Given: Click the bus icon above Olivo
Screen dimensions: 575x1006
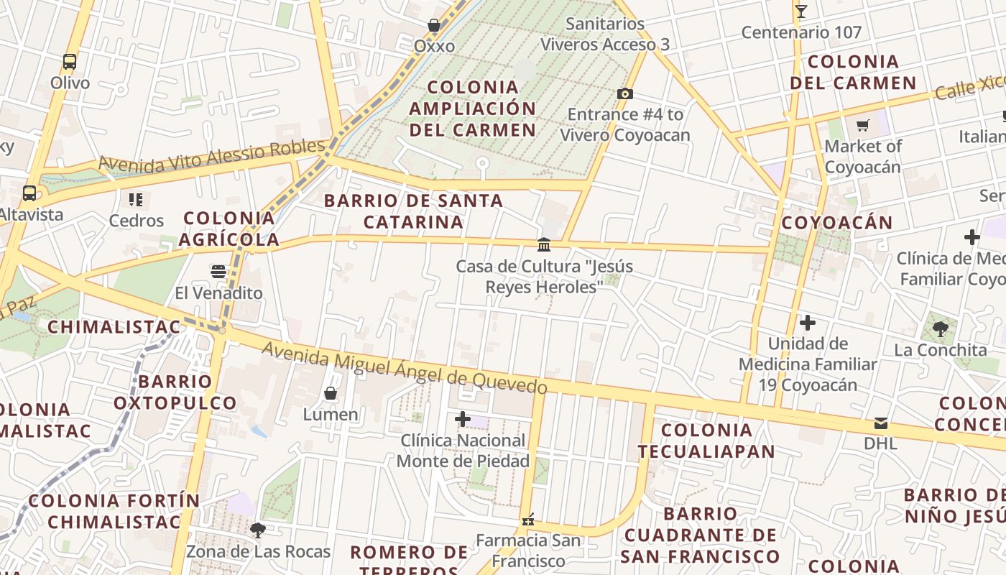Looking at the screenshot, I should [x=70, y=62].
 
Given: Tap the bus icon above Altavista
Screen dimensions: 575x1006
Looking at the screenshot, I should [x=29, y=193].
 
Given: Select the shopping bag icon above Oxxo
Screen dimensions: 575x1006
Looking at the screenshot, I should [x=434, y=26].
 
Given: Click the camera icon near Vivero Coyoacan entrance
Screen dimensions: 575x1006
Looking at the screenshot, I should [x=625, y=93].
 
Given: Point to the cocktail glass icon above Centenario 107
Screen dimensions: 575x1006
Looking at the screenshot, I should [x=801, y=11].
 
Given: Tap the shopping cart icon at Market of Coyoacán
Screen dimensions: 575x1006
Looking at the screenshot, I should [x=863, y=126].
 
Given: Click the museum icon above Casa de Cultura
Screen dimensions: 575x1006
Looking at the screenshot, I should [x=544, y=245].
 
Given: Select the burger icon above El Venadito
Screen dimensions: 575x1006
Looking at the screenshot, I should [x=218, y=272].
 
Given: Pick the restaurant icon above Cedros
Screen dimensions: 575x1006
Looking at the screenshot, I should [x=136, y=199].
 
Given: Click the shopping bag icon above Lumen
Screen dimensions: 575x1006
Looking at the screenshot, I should [x=331, y=393].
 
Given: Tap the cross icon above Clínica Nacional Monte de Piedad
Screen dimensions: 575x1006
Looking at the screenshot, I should [x=463, y=419].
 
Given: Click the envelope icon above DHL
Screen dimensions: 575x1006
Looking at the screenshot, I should [x=881, y=423].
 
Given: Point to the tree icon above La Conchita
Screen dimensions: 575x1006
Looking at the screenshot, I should [x=940, y=329].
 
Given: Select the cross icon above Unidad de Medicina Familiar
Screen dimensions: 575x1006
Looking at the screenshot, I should [x=808, y=323].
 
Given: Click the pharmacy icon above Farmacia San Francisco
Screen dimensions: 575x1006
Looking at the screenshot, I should [x=528, y=519].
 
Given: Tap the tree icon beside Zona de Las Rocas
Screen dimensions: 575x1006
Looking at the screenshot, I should [x=258, y=530].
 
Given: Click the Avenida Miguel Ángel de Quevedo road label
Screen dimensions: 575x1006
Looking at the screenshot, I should [x=404, y=367].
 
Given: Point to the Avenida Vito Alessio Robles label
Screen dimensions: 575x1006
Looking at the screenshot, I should [x=211, y=155].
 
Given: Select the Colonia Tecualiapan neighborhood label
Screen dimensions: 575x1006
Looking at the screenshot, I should [x=706, y=441].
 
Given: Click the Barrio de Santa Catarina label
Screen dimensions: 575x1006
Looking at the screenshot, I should [x=413, y=211].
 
